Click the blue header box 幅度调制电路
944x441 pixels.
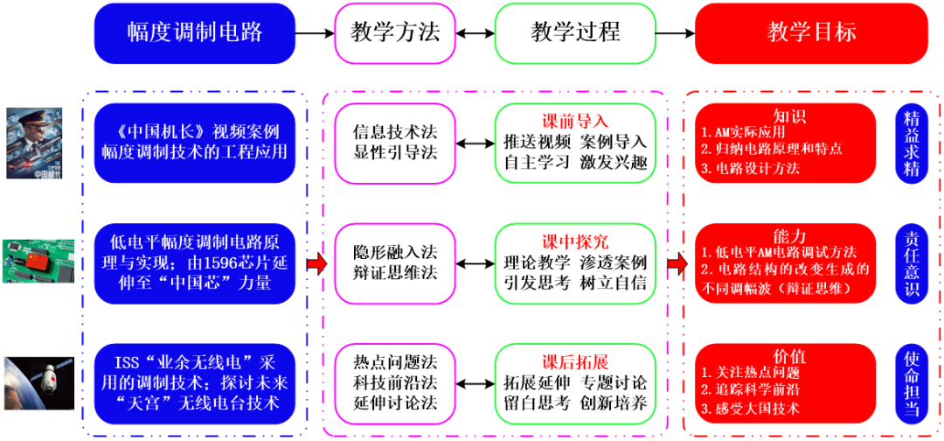pos(194,33)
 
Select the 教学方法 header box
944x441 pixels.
pos(395,33)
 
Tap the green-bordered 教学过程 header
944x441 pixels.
pos(575,33)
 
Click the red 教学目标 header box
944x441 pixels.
pos(811,33)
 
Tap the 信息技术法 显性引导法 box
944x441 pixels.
pos(394,143)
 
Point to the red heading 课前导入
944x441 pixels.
pos(574,121)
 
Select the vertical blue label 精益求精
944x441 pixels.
pos(912,143)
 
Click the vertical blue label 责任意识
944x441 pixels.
pos(912,263)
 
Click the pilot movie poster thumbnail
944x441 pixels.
pos(35,142)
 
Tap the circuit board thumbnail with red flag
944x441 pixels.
pos(35,262)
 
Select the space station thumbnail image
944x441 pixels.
pos(35,381)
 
